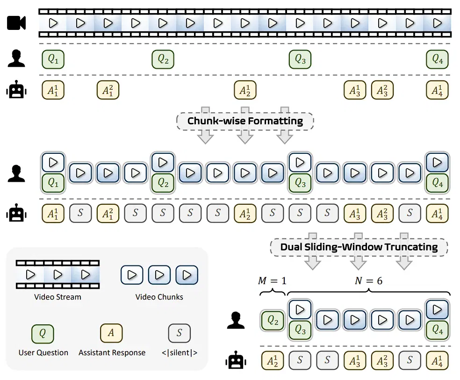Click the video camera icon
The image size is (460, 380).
point(16,23)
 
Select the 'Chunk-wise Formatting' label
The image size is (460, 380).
point(245,121)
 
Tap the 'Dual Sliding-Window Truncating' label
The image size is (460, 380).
point(359,247)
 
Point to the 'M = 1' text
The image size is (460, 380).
point(272,281)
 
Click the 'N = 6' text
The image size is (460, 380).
point(368,281)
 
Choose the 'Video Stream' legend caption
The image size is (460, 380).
point(57,297)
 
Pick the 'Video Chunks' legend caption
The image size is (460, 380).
point(159,297)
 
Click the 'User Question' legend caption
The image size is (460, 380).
point(43,352)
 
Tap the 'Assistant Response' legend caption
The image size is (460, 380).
point(112,352)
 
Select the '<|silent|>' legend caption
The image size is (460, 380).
point(179,352)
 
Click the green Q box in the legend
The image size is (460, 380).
point(43,334)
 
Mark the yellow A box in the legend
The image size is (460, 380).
point(111,333)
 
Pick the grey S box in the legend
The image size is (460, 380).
point(179,333)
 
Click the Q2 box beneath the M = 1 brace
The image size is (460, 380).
point(273,321)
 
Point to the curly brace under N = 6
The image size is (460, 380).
point(368,292)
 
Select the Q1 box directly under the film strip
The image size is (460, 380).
point(53,59)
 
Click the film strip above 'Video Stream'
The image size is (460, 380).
point(57,274)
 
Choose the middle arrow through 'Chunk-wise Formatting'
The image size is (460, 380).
point(245,125)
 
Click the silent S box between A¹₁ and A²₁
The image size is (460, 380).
point(80,213)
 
